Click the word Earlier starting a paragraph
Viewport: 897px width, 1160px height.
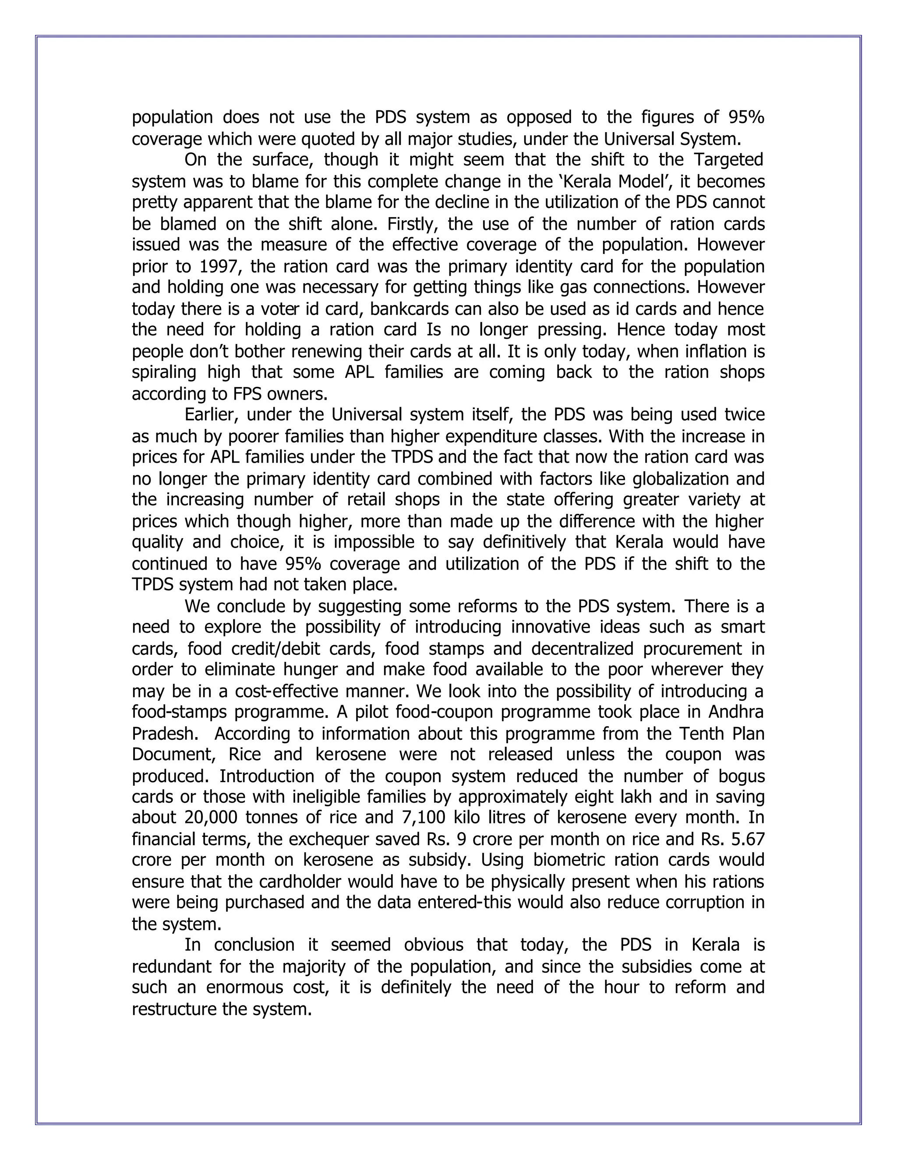(x=210, y=415)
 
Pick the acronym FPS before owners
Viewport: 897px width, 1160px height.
(x=247, y=394)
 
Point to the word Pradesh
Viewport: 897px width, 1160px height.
(x=164, y=734)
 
